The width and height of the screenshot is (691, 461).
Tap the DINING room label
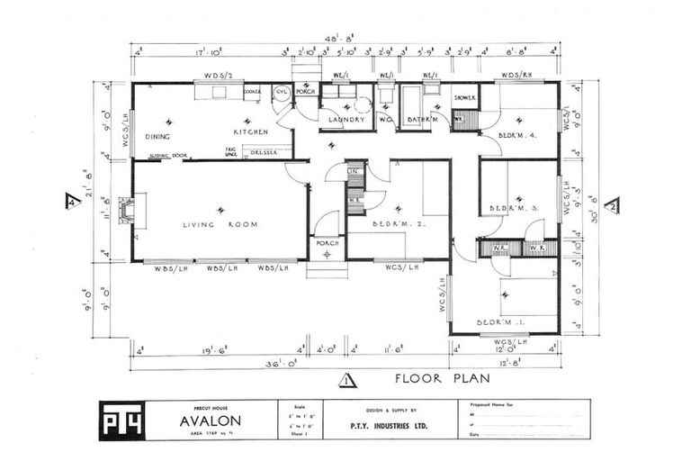coord(157,137)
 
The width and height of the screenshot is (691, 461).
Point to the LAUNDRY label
coord(345,120)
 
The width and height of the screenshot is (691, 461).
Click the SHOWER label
coord(465,97)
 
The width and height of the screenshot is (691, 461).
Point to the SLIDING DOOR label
coord(168,155)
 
